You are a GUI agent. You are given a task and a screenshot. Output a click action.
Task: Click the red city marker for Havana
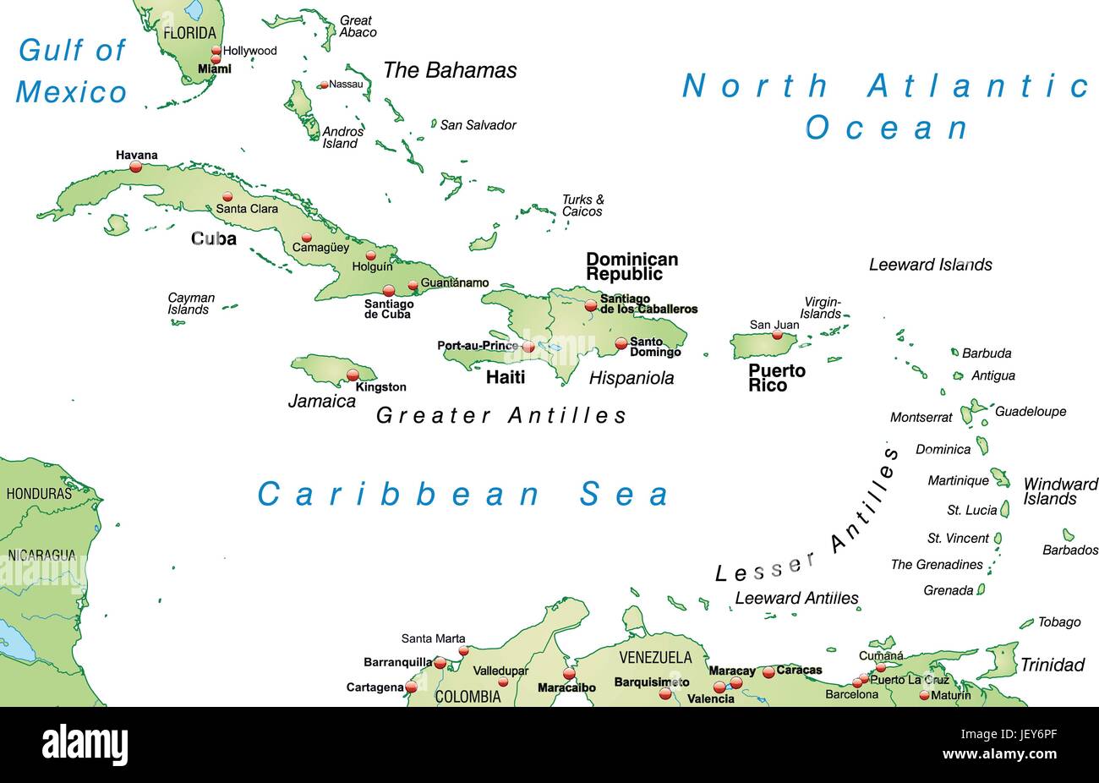tap(135, 167)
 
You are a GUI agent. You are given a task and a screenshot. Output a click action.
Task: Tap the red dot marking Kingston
tap(353, 375)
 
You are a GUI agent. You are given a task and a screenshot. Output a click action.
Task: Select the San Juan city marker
tap(777, 335)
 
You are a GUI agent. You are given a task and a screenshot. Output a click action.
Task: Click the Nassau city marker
tap(323, 85)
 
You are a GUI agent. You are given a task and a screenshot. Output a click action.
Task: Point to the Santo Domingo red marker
tap(621, 343)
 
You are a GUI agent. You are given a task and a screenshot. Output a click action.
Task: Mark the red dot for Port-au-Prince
tap(528, 347)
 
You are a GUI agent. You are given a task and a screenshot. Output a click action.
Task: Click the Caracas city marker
tap(768, 672)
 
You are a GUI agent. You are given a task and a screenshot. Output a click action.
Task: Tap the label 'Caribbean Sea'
tap(463, 495)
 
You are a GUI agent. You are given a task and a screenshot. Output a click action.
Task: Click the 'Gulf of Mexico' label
tap(72, 71)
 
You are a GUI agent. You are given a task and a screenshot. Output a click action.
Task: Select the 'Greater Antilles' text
tap(501, 415)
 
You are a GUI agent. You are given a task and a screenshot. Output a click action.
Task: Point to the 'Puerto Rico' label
tap(776, 378)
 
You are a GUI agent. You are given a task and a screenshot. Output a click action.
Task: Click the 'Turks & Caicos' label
tap(582, 205)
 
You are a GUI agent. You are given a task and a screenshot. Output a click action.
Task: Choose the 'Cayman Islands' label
tap(191, 304)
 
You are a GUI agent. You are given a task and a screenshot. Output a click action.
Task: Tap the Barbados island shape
tap(1069, 534)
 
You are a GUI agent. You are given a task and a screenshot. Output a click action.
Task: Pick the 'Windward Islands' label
tap(1060, 491)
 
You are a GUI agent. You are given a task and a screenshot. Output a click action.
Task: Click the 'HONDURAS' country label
tap(39, 493)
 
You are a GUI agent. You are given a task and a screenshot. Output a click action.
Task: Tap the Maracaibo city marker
tap(569, 674)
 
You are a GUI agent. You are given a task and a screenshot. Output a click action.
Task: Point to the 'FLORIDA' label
tap(190, 34)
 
